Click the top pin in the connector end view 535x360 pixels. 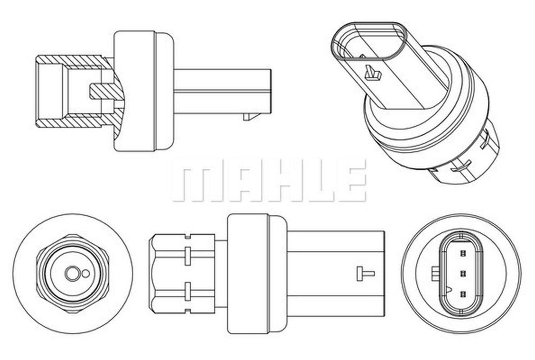coord(462,253)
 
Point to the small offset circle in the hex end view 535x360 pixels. coord(86,273)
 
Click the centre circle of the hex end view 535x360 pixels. coord(71,274)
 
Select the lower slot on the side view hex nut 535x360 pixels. coord(188,291)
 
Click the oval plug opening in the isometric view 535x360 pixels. coord(368,46)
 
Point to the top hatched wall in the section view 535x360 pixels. coord(75,61)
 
